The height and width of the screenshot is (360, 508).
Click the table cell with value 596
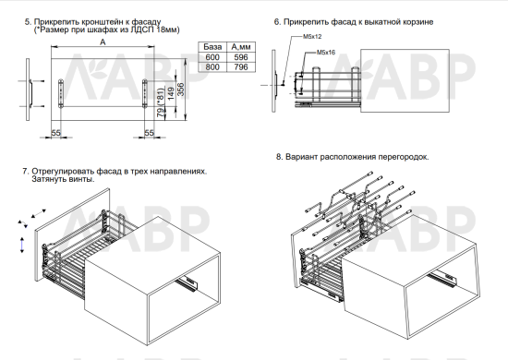pyautogui.click(x=241, y=57)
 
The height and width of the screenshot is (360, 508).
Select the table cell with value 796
pyautogui.click(x=241, y=67)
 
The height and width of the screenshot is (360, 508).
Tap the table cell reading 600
pyautogui.click(x=212, y=57)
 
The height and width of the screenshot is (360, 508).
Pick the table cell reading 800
pyautogui.click(x=212, y=67)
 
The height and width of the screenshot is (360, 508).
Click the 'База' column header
pyautogui.click(x=212, y=47)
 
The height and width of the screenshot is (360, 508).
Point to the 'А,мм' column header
pyautogui.click(x=241, y=47)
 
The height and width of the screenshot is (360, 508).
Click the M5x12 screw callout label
pyautogui.click(x=312, y=37)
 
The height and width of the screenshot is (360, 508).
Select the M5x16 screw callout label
pyautogui.click(x=326, y=52)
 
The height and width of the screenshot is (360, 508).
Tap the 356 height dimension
pyautogui.click(x=181, y=90)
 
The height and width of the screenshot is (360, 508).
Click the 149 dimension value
pyautogui.click(x=171, y=93)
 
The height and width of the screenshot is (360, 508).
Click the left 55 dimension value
pyautogui.click(x=55, y=133)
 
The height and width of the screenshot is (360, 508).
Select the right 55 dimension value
pyautogui.click(x=149, y=133)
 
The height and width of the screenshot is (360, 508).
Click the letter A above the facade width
pyautogui.click(x=103, y=42)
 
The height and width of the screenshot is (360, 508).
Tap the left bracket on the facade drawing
pyautogui.click(x=61, y=93)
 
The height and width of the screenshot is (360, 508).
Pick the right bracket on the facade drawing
pyautogui.click(x=145, y=93)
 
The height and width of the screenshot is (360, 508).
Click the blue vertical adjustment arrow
pyautogui.click(x=22, y=245)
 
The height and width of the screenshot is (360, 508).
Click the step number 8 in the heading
pyautogui.click(x=279, y=157)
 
